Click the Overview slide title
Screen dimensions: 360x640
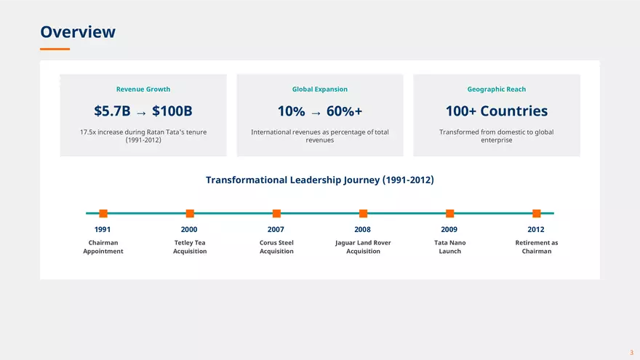tap(78, 32)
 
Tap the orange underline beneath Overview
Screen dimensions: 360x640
tap(55, 49)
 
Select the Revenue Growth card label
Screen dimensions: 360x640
tap(143, 89)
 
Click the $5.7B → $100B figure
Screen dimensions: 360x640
tap(143, 111)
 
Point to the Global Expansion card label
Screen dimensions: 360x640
tap(320, 89)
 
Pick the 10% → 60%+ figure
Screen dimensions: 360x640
tap(320, 111)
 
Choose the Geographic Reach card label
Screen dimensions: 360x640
tap(497, 89)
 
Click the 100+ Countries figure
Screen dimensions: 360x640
tap(497, 111)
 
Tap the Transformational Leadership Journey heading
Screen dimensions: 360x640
tap(320, 180)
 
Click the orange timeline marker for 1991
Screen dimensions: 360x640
tap(103, 213)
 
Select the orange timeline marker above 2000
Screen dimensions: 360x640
tap(190, 213)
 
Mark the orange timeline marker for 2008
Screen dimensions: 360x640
tap(363, 213)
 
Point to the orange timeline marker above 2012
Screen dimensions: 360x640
tap(537, 213)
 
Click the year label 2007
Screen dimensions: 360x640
tap(276, 230)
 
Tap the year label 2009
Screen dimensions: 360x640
tap(449, 230)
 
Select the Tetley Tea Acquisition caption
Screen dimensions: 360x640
tap(190, 247)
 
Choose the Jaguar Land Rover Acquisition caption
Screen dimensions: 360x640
tap(363, 247)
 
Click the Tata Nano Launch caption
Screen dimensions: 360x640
tap(449, 247)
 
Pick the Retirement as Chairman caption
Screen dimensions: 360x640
tap(537, 247)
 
